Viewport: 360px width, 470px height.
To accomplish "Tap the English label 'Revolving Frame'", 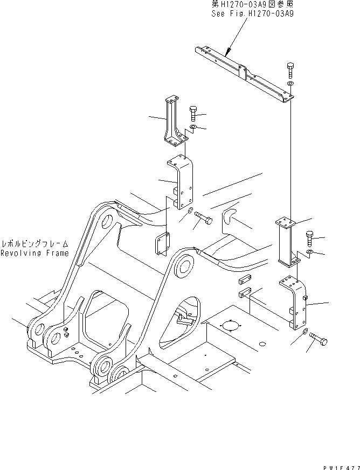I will pos(34,254).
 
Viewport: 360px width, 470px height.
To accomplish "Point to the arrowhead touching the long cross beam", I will pos(226,54).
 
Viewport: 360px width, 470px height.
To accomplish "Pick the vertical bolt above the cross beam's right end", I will pos(290,70).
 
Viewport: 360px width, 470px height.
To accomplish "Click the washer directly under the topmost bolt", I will pos(290,85).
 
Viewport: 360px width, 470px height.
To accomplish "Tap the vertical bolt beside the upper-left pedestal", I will pos(193,114).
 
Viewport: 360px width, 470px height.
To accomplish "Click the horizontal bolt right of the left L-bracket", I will pos(204,218).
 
